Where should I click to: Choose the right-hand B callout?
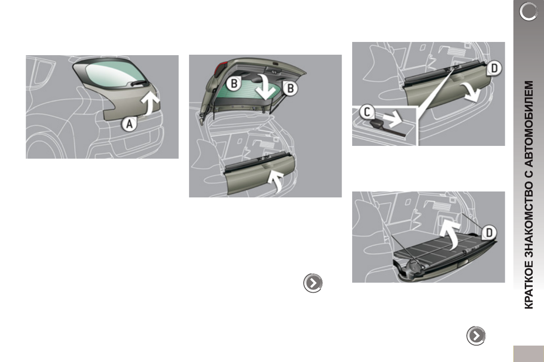point(289,88)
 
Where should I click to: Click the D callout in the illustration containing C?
point(494,69)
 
